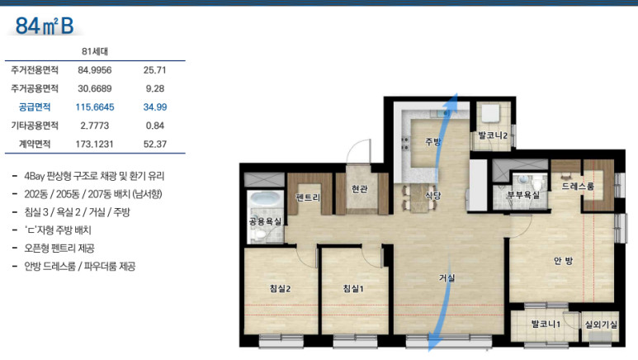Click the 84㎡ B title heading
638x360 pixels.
[45, 26]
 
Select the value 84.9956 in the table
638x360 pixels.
[94, 70]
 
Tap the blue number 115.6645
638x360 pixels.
[95, 107]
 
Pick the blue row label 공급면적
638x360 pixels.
[35, 107]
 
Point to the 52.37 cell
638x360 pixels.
[155, 144]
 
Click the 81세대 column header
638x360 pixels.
[95, 51]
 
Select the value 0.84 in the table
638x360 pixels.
[155, 126]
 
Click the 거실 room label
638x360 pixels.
[447, 277]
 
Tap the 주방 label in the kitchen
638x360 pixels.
[433, 141]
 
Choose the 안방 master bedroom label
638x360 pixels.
[563, 260]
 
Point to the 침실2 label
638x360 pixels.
[280, 289]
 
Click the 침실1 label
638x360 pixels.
[353, 289]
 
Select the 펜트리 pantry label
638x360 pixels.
[308, 197]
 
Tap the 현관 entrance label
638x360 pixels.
[360, 189]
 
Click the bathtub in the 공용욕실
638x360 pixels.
[266, 200]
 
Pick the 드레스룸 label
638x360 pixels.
[578, 186]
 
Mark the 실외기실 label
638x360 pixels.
[601, 324]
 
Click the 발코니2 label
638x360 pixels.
[493, 135]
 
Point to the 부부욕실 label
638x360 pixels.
[522, 195]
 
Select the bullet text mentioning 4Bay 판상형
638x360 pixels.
[94, 176]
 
